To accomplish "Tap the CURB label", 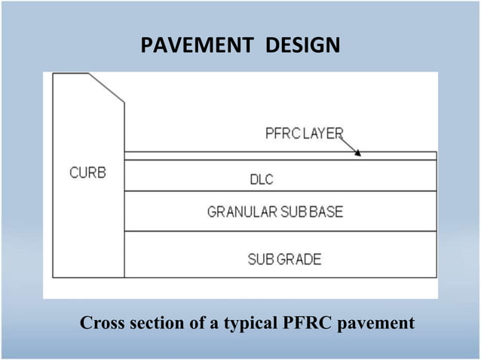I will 88,172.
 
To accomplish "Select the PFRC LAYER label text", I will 304,134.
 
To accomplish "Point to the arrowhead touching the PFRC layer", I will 358,153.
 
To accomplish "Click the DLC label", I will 261,180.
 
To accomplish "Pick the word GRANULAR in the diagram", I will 239,212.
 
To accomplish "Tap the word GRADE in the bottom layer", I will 296,260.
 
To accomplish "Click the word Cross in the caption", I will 103,323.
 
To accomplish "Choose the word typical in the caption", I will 246,324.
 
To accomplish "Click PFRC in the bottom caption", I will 307,323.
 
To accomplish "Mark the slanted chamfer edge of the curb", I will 106,87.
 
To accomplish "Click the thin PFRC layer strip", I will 279,156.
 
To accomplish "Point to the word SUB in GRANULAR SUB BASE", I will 290,212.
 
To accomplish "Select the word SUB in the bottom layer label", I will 259,260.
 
